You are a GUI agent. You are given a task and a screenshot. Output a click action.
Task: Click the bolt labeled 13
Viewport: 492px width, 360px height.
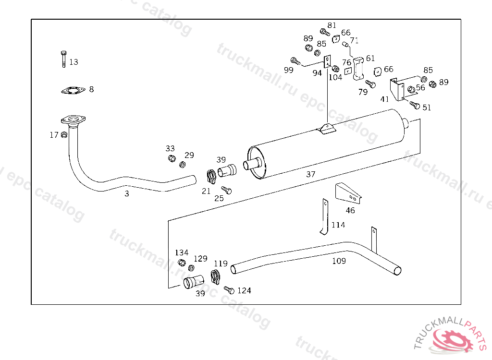pos(64,59)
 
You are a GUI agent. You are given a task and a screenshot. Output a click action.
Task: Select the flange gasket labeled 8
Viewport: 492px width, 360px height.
pos(73,90)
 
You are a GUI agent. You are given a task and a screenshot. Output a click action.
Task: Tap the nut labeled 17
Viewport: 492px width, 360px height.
pos(64,135)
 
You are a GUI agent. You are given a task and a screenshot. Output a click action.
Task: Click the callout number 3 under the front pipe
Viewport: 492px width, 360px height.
pos(127,194)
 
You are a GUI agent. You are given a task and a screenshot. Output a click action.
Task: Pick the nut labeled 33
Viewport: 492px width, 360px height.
pos(172,158)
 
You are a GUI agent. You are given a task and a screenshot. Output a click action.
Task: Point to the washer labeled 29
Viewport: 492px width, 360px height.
pos(182,164)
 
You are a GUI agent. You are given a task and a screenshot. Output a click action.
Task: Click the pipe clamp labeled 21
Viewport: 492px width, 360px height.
pos(211,177)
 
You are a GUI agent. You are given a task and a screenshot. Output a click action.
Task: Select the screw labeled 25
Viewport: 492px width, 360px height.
pos(226,190)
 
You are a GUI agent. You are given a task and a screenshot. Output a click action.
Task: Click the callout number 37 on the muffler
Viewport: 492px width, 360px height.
pos(311,174)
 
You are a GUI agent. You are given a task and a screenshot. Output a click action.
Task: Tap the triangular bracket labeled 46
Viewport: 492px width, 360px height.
pos(348,193)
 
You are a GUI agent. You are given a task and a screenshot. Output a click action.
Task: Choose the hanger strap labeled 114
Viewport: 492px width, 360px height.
pos(325,217)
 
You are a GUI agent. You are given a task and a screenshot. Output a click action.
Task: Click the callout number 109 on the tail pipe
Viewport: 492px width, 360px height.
pos(339,261)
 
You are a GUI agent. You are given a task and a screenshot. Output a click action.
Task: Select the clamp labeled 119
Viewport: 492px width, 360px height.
pos(215,277)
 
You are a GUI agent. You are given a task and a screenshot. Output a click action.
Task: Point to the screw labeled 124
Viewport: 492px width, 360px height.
pos(229,290)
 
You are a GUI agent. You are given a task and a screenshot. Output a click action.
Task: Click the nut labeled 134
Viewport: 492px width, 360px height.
pos(181,263)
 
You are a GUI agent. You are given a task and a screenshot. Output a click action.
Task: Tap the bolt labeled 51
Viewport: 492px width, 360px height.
pos(415,106)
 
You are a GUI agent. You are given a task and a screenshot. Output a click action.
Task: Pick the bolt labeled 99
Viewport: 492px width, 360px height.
pos(295,61)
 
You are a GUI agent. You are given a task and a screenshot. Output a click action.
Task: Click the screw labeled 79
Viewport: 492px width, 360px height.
pos(370,84)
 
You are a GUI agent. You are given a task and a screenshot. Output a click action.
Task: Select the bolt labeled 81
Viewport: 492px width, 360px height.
pos(325,32)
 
